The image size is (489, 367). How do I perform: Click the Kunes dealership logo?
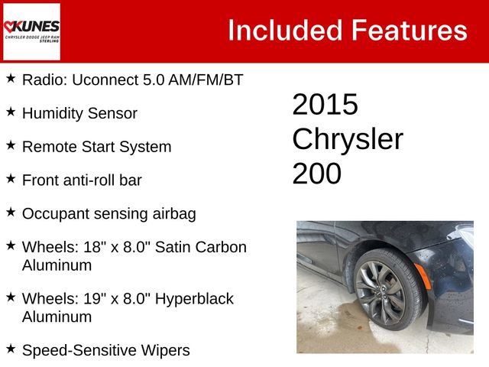pos(31,31)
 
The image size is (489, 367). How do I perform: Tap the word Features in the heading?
pos(409,31)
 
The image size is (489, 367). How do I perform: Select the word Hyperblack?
pos(194,298)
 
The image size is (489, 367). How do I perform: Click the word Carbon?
pos(219,247)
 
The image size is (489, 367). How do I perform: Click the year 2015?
pos(325,105)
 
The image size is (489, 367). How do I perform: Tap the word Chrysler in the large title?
pos(348,139)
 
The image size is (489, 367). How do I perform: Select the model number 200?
pos(316,174)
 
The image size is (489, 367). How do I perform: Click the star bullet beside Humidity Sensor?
pos(11,112)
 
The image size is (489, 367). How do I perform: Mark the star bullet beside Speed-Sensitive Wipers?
pos(11,349)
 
